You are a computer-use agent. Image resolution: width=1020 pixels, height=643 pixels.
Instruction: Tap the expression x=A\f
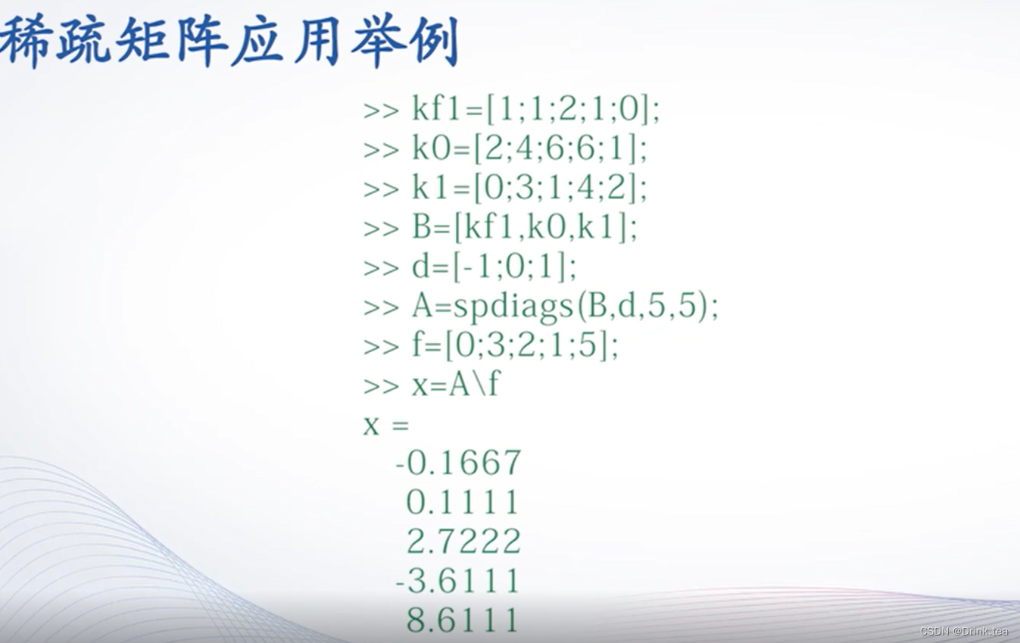455,385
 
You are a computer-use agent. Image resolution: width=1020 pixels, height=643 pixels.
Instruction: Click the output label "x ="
385,425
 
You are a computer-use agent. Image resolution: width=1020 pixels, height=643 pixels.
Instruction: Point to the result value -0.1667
458,463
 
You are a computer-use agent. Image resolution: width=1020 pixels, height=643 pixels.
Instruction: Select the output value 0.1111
463,502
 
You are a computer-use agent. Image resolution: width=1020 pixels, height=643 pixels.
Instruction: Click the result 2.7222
463,542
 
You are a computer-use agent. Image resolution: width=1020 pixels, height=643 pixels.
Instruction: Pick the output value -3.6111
458,581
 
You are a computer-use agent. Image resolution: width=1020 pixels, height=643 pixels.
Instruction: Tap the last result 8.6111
463,620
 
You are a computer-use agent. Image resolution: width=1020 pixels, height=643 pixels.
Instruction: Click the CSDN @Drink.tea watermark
964,632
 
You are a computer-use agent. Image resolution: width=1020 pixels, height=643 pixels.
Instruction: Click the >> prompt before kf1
381,111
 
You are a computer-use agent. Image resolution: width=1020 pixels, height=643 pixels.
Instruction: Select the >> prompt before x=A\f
381,386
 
